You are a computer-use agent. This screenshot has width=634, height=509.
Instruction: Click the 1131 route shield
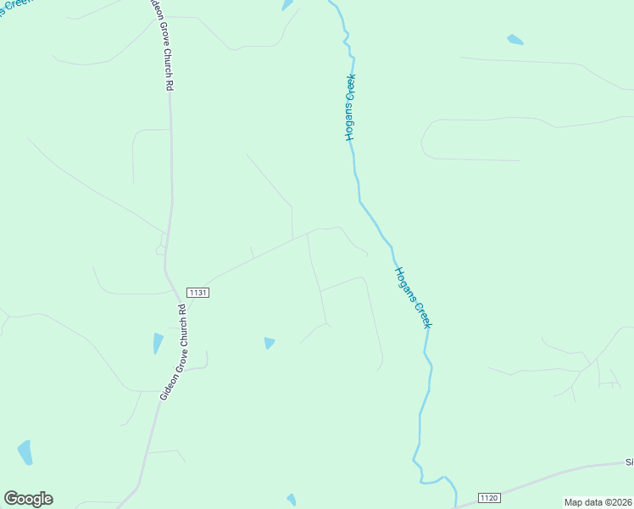point(197,292)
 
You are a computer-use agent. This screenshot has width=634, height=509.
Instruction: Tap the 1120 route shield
point(489,496)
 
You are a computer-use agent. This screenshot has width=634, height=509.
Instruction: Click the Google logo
point(28,499)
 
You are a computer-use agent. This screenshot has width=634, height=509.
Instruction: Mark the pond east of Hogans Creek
point(514,39)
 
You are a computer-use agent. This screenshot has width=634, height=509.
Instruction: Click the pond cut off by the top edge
point(286,4)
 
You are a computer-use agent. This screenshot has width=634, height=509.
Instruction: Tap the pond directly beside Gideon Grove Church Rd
point(158,343)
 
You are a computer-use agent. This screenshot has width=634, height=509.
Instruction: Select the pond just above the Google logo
point(25,451)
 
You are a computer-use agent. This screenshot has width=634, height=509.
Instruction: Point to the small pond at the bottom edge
point(292,500)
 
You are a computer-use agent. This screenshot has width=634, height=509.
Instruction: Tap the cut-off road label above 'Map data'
point(629,462)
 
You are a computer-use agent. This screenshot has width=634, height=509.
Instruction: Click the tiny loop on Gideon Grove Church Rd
point(160,249)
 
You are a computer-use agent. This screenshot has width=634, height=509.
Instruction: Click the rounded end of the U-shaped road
point(424,139)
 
